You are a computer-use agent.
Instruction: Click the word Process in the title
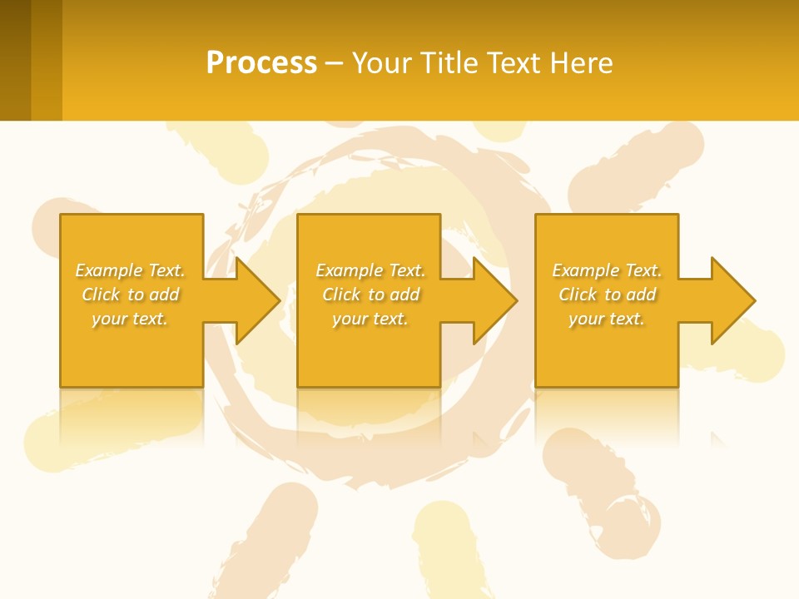[x=261, y=63]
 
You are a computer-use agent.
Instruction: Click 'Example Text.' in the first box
[x=131, y=270]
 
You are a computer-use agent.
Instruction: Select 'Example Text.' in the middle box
[x=370, y=270]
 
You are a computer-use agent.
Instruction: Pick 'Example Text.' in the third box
[x=607, y=270]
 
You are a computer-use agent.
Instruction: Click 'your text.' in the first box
[x=130, y=319]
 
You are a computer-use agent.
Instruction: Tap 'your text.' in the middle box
[x=370, y=319]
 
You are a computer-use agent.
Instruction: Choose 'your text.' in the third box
[x=607, y=319]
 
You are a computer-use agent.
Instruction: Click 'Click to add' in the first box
[x=131, y=295]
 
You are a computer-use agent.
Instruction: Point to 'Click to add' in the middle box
[x=371, y=295]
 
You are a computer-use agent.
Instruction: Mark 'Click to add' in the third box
[x=608, y=295]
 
